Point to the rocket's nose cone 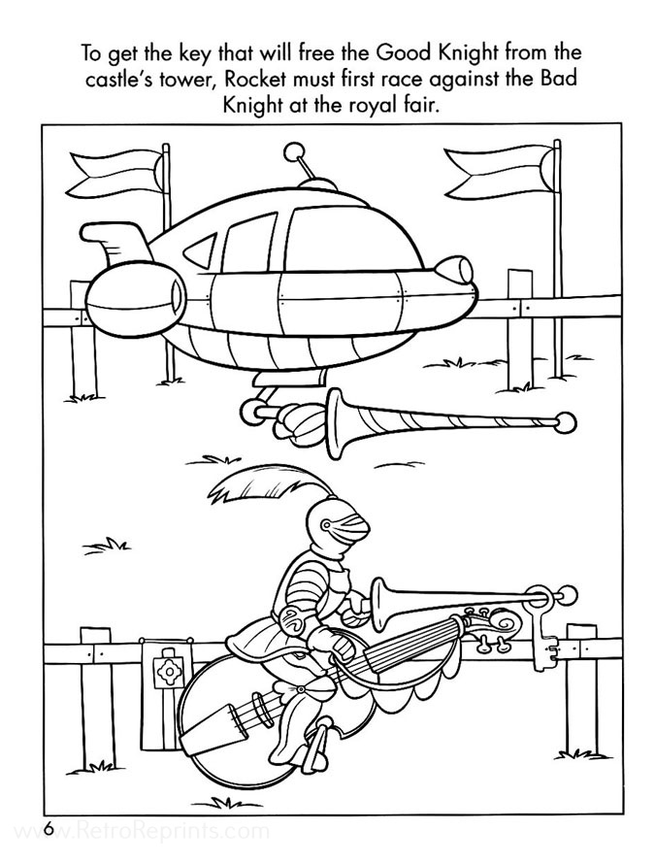(x=454, y=270)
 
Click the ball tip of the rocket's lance (x=565, y=423)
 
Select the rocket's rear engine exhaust (x=177, y=291)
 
